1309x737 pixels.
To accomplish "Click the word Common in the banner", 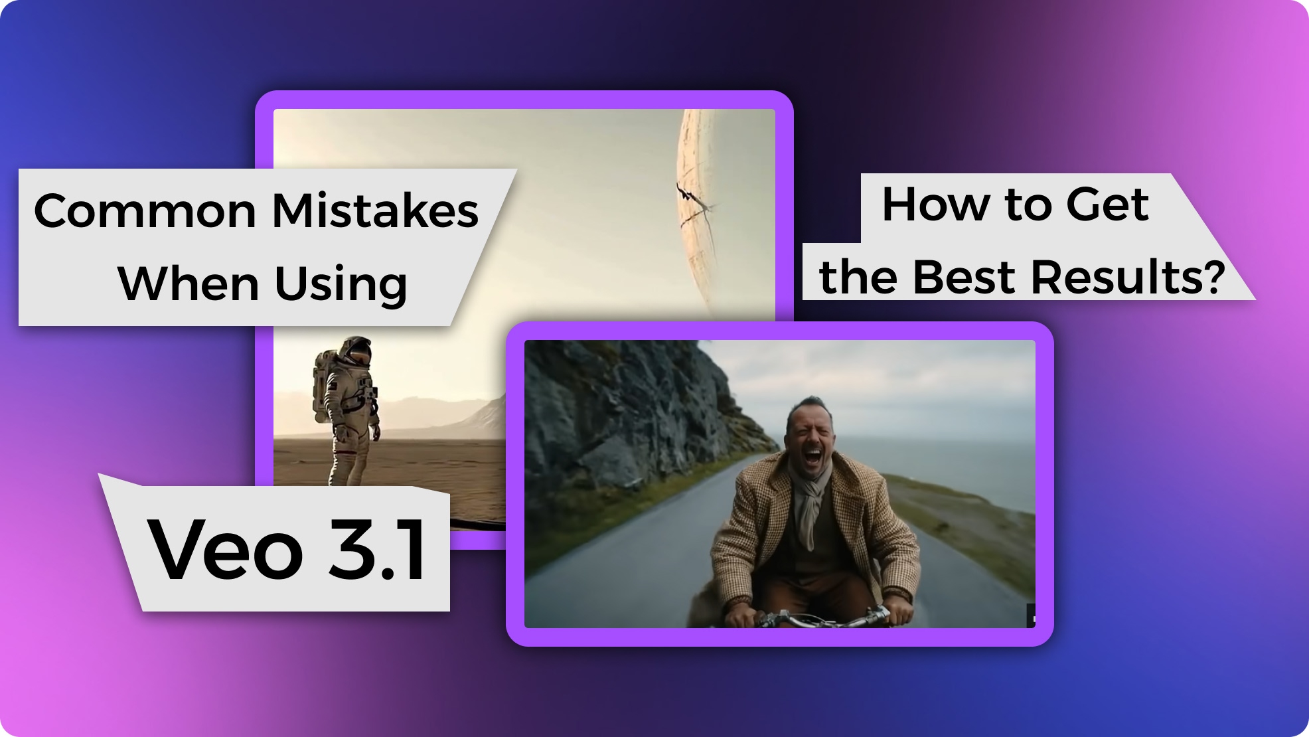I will [145, 211].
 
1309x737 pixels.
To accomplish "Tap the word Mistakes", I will [375, 211].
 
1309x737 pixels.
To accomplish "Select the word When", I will [188, 284].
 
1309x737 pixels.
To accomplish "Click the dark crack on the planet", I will [690, 199].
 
